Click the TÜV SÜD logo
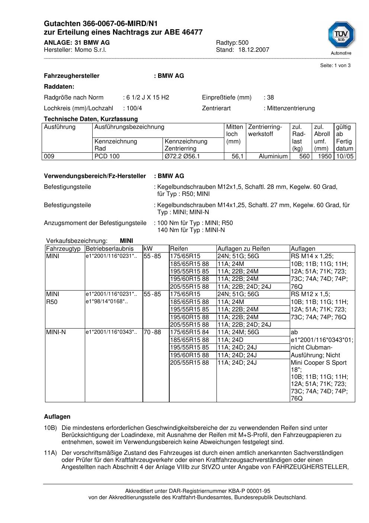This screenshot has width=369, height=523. (x=341, y=37)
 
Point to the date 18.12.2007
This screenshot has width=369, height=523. (x=254, y=50)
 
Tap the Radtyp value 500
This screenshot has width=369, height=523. (x=243, y=43)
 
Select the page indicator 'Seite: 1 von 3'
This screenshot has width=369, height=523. (x=335, y=66)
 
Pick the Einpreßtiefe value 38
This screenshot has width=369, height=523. (x=270, y=98)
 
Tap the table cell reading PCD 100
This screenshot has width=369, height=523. (x=107, y=156)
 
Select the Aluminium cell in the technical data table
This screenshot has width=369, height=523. (x=273, y=156)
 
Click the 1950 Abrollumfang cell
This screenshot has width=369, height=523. (x=324, y=156)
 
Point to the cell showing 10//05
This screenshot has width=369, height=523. (x=345, y=156)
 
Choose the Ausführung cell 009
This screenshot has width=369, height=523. (x=49, y=156)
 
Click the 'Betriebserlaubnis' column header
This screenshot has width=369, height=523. (x=109, y=249)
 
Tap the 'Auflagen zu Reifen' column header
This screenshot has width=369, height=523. (x=244, y=249)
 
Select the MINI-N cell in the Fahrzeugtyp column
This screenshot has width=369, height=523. (x=56, y=332)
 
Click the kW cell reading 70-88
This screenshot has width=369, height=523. (x=153, y=332)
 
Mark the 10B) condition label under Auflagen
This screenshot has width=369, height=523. (x=50, y=428)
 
